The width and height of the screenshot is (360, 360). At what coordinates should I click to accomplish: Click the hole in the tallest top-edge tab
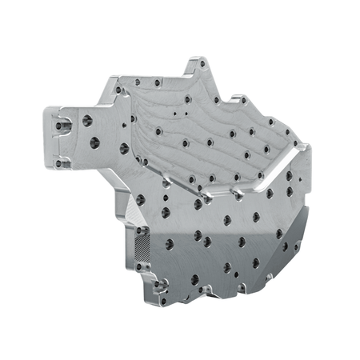tap(201, 64)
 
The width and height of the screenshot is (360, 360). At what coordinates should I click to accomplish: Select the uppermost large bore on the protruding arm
tap(87, 121)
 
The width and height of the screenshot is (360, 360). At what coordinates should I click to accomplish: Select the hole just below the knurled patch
tap(143, 265)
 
